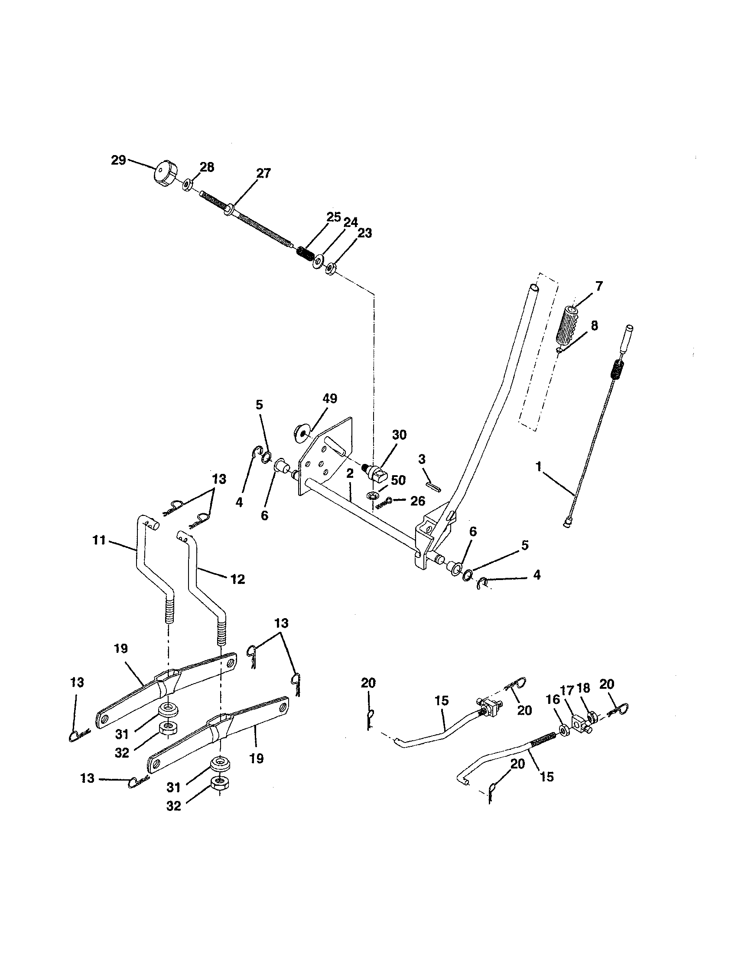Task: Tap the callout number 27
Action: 263,173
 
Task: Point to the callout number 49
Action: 330,399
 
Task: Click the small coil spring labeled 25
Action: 304,253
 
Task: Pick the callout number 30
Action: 399,434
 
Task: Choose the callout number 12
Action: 237,580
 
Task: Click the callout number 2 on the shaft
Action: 350,474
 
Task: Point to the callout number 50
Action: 398,480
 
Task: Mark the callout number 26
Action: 418,501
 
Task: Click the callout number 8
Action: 594,325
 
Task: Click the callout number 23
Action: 364,233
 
